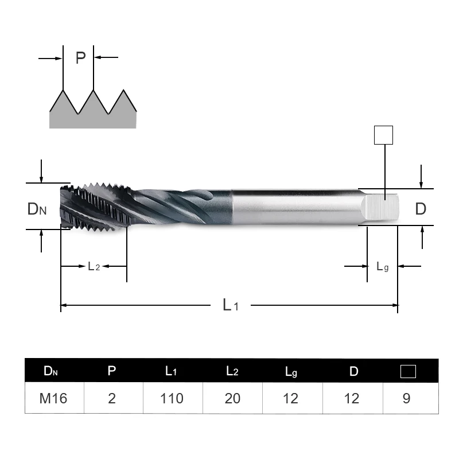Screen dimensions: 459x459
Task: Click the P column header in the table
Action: pyautogui.click(x=112, y=371)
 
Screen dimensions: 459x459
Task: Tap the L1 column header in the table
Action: pyautogui.click(x=171, y=371)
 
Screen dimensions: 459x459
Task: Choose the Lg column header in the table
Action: pyautogui.click(x=291, y=372)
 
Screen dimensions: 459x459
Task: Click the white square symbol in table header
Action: pyautogui.click(x=408, y=371)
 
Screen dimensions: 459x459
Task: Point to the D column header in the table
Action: pyautogui.click(x=353, y=371)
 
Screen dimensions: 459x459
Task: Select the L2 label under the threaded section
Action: pyautogui.click(x=94, y=266)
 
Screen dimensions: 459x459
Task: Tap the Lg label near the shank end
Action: pyautogui.click(x=383, y=266)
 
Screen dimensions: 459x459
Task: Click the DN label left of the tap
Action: pyautogui.click(x=37, y=209)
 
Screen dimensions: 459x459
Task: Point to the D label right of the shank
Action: pyautogui.click(x=421, y=208)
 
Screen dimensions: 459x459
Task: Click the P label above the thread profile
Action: pyautogui.click(x=80, y=58)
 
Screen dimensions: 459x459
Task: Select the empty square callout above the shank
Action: pyautogui.click(x=383, y=135)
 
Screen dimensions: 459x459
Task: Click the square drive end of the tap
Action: pyautogui.click(x=383, y=207)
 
